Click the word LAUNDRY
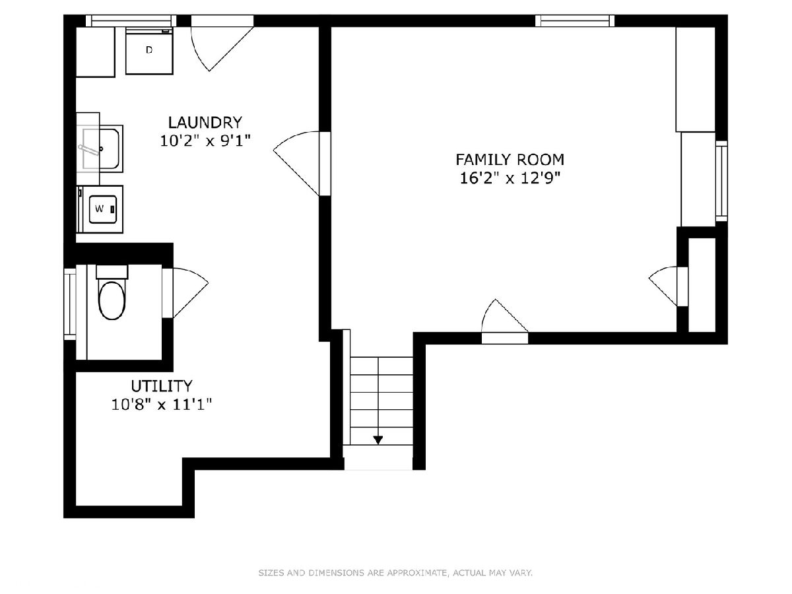click(205, 123)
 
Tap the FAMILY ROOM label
click(510, 160)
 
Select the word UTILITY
click(161, 386)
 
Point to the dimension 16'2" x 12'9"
click(510, 178)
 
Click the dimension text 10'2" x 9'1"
click(205, 141)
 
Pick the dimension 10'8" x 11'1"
click(161, 405)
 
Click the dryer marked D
click(149, 51)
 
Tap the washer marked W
click(100, 209)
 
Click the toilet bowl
click(112, 301)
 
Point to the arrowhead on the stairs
click(378, 440)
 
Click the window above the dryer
click(131, 20)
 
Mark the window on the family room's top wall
click(575, 20)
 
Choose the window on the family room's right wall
click(721, 181)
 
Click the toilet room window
click(70, 304)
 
